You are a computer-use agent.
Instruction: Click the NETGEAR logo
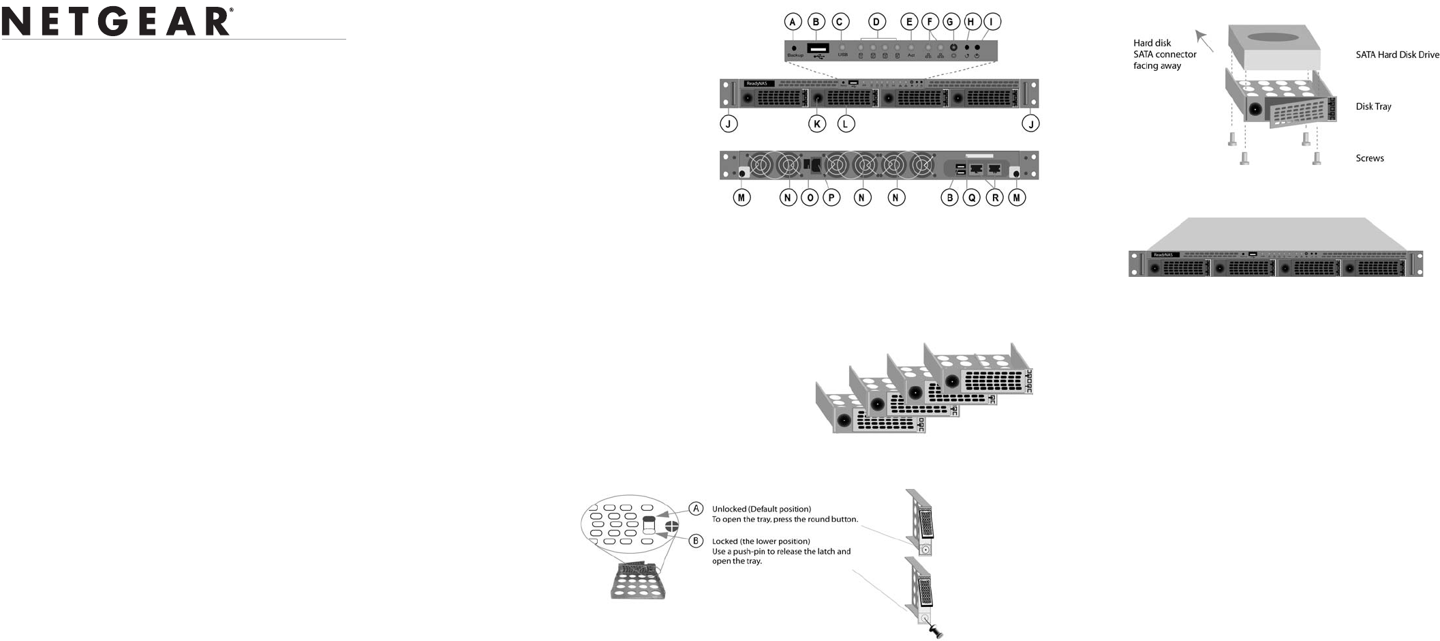click(x=117, y=21)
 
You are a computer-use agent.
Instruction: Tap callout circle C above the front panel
click(x=841, y=22)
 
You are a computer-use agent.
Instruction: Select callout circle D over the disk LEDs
click(x=878, y=22)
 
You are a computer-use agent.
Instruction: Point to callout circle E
click(x=909, y=22)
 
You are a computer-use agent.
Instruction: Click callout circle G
click(x=950, y=22)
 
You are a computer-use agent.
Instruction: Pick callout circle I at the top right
click(x=992, y=22)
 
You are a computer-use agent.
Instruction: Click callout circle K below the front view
click(x=816, y=123)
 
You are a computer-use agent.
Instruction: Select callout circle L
click(x=846, y=123)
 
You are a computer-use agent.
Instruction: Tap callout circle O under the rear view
click(x=810, y=198)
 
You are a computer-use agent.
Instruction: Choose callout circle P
click(x=831, y=198)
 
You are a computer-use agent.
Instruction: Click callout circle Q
click(x=972, y=198)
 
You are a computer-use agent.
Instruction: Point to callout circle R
click(x=995, y=198)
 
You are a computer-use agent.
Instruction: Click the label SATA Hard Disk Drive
click(x=1397, y=55)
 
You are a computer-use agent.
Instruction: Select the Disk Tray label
click(x=1373, y=106)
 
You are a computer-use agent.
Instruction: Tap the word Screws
click(x=1369, y=158)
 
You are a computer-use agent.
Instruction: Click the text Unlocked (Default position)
click(x=761, y=509)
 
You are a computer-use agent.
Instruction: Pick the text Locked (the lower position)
click(x=761, y=541)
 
